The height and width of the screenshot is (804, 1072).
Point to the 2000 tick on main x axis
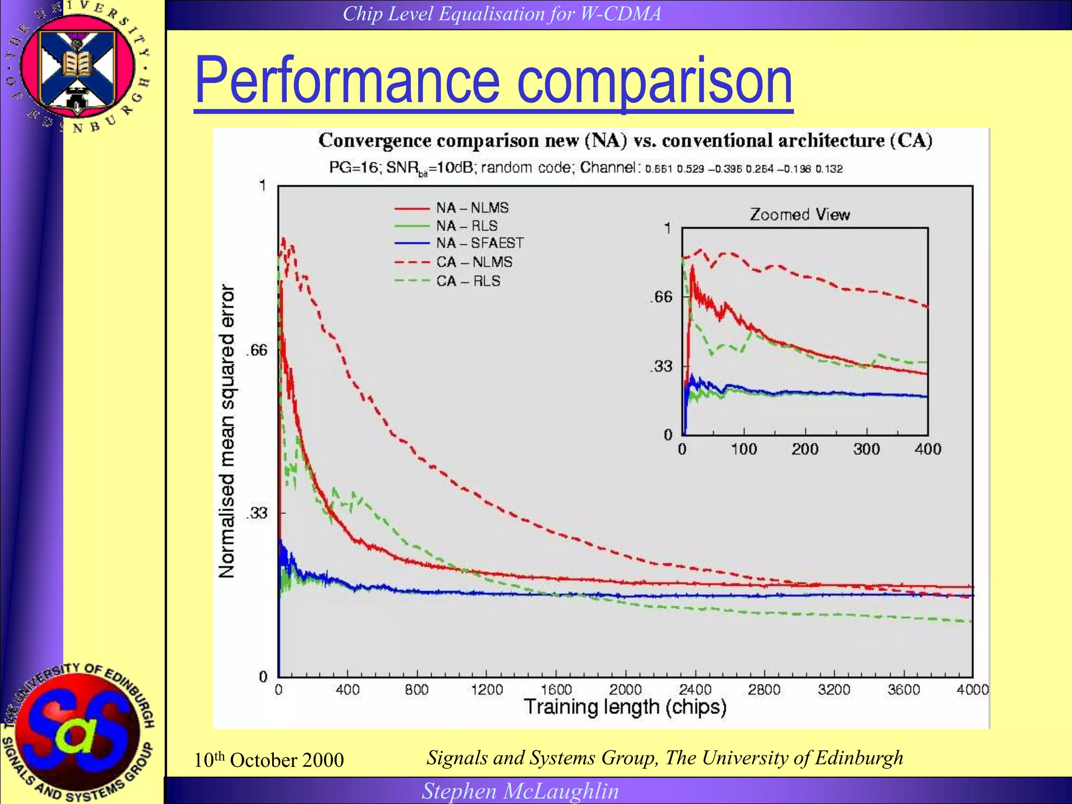pos(626,689)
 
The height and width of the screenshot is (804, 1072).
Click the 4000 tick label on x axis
pos(973,689)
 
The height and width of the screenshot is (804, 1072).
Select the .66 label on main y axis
pos(256,350)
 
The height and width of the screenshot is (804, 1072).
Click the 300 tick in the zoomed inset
pos(866,449)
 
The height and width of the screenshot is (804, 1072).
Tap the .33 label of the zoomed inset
pos(661,366)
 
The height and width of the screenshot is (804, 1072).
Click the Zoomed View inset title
pos(800,215)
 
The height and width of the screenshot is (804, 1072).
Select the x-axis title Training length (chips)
pos(625,707)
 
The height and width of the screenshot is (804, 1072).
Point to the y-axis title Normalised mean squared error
pos(227,431)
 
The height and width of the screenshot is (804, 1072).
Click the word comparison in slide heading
pos(654,81)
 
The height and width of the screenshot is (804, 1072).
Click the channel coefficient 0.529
pos(690,169)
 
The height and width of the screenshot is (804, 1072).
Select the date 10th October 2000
pos(269,760)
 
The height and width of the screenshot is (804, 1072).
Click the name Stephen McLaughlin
pos(520,791)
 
